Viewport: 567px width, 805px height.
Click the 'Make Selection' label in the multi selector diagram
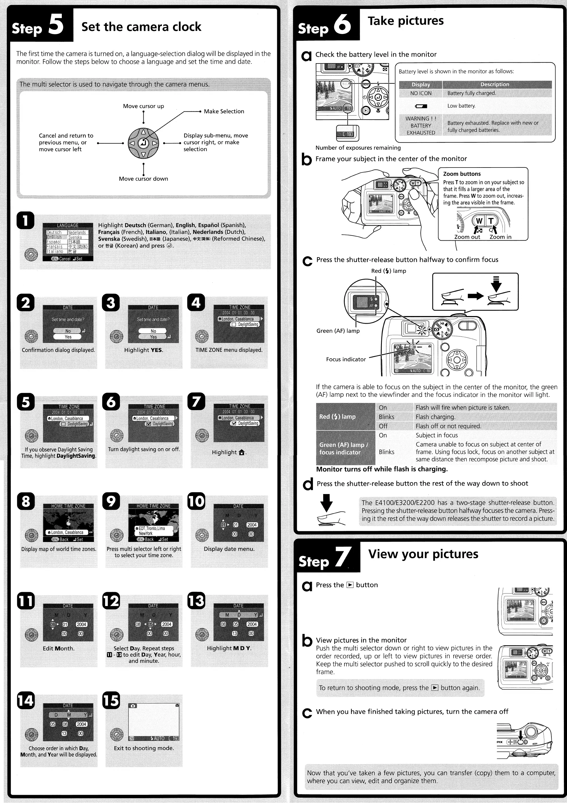point(224,111)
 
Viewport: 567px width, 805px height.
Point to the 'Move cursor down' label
point(143,179)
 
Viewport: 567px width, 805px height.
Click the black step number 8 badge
point(26,501)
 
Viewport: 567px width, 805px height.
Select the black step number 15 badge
point(111,700)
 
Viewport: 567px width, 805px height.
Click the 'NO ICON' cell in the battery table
point(421,93)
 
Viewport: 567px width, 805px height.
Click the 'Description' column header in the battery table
point(494,84)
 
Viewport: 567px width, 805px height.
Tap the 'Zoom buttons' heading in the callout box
point(462,174)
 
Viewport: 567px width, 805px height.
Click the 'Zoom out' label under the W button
point(467,237)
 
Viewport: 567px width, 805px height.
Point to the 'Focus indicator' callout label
point(346,359)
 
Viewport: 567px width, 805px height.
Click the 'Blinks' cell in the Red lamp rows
point(386,417)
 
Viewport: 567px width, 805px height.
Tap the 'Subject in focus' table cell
point(437,435)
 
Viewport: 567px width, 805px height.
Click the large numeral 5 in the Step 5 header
point(56,25)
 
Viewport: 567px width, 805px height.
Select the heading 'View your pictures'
point(423,554)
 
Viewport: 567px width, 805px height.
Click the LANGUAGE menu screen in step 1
point(68,242)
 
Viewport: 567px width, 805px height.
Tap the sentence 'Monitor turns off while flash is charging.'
point(382,469)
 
